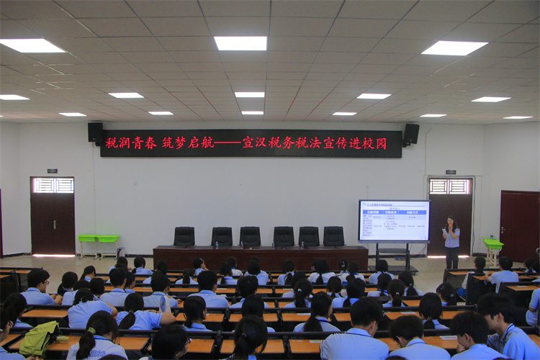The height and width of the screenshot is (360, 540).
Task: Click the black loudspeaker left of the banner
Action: pyautogui.click(x=95, y=132)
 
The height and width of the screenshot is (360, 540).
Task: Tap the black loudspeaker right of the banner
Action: pyautogui.click(x=411, y=133)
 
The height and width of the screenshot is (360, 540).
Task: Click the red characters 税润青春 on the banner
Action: pyautogui.click(x=131, y=143)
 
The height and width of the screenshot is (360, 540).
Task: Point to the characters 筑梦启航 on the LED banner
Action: pyautogui.click(x=187, y=143)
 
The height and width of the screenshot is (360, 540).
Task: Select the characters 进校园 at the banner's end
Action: pyautogui.click(x=371, y=143)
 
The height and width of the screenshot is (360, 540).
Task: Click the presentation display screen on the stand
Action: pyautogui.click(x=394, y=220)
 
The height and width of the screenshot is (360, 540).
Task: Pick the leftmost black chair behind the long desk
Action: pyautogui.click(x=184, y=236)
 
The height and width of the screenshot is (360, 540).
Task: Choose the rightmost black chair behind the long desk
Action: pyautogui.click(x=333, y=236)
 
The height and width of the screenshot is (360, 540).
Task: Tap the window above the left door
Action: pyautogui.click(x=53, y=185)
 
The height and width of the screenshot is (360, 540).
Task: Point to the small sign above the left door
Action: pyautogui.click(x=53, y=171)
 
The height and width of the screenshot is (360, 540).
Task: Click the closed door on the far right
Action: pyautogui.click(x=519, y=225)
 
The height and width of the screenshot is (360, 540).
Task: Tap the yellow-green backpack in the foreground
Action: pyautogui.click(x=40, y=338)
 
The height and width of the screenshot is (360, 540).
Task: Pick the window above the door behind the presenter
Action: pyautogui.click(x=450, y=186)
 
